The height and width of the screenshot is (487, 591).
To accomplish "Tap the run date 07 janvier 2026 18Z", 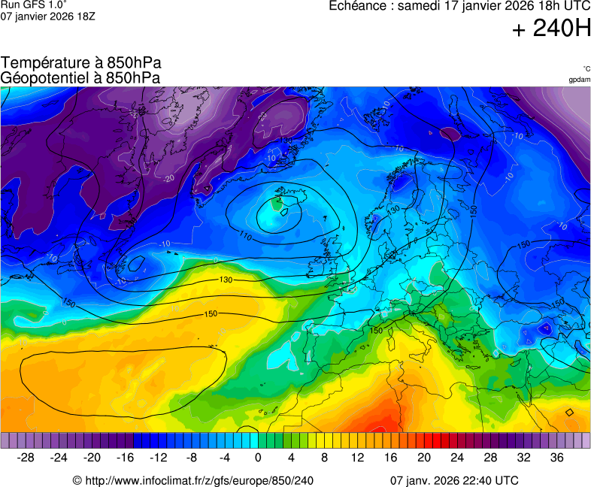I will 47,16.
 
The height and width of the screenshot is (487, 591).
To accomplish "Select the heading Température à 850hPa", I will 81,63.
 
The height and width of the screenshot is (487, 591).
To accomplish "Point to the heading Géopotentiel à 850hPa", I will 80,77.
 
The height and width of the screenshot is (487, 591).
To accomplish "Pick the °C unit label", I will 586,68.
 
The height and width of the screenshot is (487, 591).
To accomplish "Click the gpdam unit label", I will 579,79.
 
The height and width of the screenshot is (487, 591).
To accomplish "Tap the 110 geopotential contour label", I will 245,235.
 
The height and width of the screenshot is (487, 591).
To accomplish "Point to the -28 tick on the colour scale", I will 26,458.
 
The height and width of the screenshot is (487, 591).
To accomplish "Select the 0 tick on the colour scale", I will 258,458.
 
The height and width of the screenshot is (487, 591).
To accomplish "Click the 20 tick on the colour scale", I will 423,458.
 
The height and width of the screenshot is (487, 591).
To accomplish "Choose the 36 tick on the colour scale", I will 556,458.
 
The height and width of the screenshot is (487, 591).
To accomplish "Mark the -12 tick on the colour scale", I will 158,458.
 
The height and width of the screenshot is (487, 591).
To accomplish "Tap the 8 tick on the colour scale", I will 324,458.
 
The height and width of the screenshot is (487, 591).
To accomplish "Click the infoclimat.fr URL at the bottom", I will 199,480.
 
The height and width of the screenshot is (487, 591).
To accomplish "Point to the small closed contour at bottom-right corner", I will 569,412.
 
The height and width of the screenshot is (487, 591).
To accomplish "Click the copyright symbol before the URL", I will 77,480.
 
